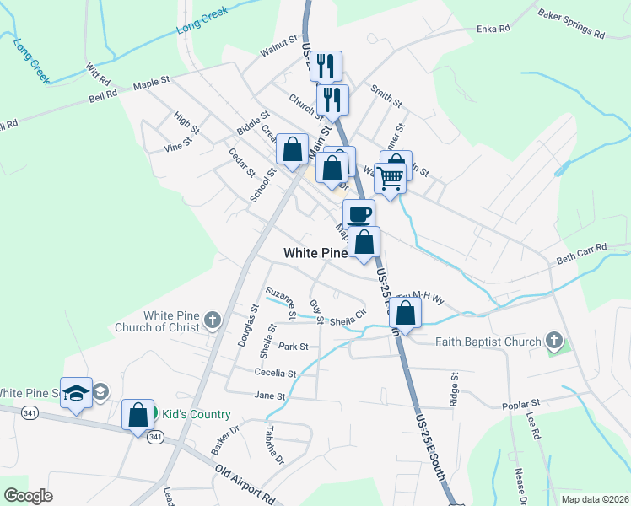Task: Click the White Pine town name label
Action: [315, 253]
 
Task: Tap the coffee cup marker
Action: [359, 213]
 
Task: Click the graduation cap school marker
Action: [76, 393]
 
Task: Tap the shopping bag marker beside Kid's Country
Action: [138, 415]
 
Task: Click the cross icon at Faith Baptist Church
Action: [553, 341]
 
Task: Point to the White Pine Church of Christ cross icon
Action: [212, 320]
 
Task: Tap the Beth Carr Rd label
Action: [581, 251]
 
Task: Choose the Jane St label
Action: [269, 396]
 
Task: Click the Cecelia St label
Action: [276, 373]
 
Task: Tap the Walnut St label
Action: [280, 46]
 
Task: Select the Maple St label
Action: [152, 83]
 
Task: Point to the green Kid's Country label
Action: [195, 414]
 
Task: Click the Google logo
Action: [28, 495]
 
